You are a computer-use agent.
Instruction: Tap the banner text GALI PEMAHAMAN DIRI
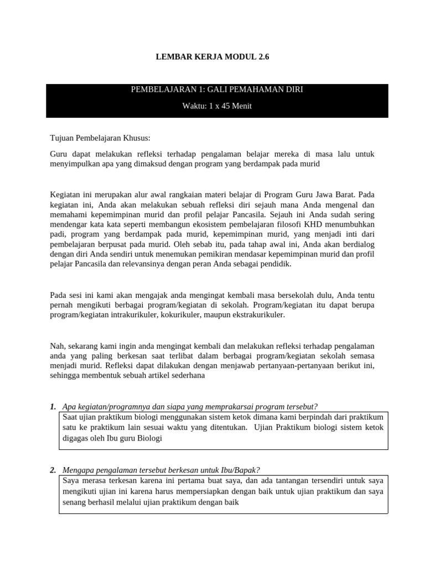point(258,90)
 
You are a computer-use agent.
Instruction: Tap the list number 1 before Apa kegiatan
point(53,407)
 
